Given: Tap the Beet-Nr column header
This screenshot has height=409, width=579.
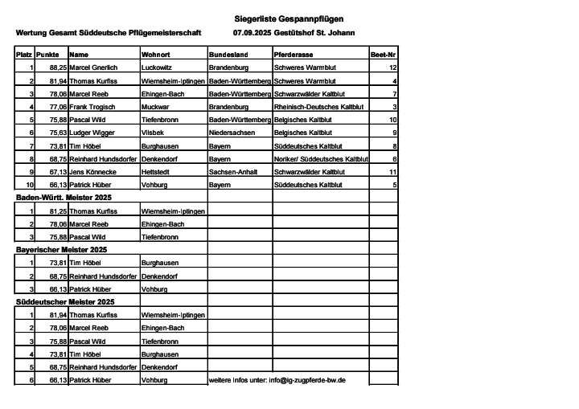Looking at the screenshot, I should (x=383, y=55).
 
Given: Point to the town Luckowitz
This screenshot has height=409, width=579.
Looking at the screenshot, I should (x=157, y=68).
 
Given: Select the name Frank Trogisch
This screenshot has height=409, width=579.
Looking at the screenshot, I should (x=93, y=106).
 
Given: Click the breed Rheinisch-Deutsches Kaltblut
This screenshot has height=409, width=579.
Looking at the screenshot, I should (x=319, y=106).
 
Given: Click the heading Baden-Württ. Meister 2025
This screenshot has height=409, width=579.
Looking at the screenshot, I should (x=64, y=197).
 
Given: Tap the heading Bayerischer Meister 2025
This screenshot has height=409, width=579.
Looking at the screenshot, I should (x=61, y=249).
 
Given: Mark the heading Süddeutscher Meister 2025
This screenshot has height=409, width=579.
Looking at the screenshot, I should (x=65, y=301).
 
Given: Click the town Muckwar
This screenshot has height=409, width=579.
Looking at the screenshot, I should (x=155, y=106).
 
